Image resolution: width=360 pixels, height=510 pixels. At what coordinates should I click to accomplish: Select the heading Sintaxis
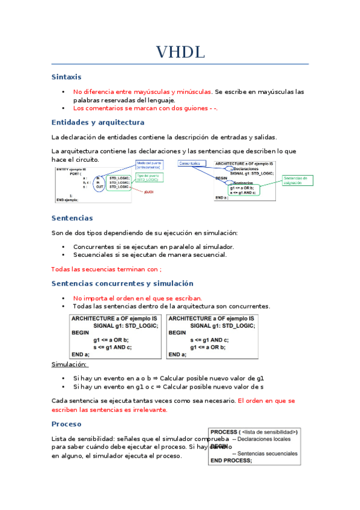[66, 77]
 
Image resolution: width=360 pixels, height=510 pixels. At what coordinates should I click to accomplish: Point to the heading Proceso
[67, 424]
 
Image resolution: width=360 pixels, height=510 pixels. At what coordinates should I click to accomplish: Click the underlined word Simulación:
[70, 364]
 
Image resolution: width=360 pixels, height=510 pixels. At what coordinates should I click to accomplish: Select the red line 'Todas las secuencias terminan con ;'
[106, 269]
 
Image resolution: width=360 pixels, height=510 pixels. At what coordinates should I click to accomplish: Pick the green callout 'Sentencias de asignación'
[297, 180]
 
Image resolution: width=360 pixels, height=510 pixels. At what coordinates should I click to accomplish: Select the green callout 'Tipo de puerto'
[149, 177]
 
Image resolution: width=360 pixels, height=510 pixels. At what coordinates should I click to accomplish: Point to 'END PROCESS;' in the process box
[231, 461]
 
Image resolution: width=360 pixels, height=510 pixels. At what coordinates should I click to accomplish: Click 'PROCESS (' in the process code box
[224, 432]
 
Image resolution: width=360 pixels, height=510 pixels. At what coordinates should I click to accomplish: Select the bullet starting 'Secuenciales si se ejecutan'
[150, 255]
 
